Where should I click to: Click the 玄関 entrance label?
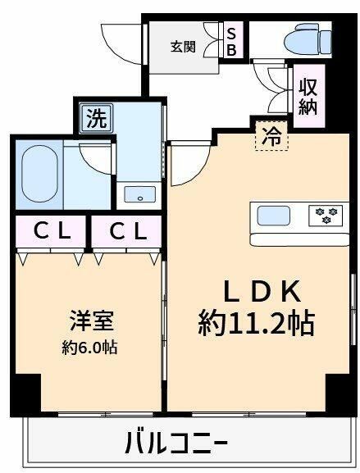(x=183, y=46)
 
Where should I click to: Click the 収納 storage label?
(x=308, y=96)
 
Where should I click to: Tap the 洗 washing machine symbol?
(x=96, y=119)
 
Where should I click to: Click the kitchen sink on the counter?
(x=273, y=216)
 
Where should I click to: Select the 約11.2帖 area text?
(x=255, y=323)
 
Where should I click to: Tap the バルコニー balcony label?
(x=175, y=445)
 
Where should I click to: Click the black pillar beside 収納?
(x=337, y=90)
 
